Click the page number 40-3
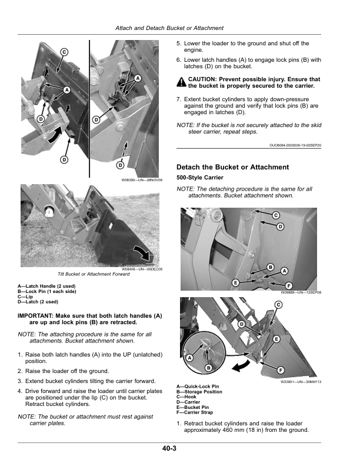[170, 449]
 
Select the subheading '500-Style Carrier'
[200, 178]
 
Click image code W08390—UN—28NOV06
[141, 180]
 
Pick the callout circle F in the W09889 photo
[289, 285]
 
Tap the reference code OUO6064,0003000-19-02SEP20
[295, 145]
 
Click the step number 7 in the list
[179, 99]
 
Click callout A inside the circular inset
[190, 358]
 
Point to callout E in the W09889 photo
[235, 283]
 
